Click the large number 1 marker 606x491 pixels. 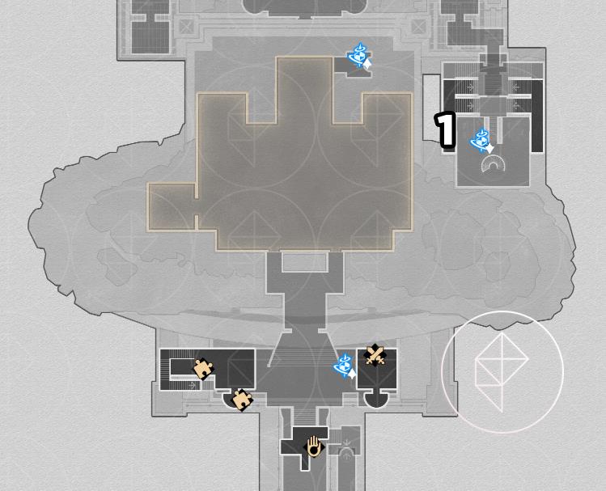point(445,129)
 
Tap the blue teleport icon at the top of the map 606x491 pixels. point(360,56)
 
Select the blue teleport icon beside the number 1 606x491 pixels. point(482,141)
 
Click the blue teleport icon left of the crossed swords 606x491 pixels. point(345,366)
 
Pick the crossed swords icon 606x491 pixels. point(375,354)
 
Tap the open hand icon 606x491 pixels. point(315,447)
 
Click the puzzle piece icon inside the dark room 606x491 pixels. point(203,369)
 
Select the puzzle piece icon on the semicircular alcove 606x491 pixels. point(242,400)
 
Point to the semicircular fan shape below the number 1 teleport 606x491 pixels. point(494,163)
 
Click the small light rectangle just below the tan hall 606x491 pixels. point(305,262)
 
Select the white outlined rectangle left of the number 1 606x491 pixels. point(432,108)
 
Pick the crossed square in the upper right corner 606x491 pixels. point(418,27)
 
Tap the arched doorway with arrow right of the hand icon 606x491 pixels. point(346,455)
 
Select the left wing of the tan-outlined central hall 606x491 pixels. point(172,207)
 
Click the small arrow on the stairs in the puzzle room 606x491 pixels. point(192,385)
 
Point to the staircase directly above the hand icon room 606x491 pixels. point(304,417)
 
